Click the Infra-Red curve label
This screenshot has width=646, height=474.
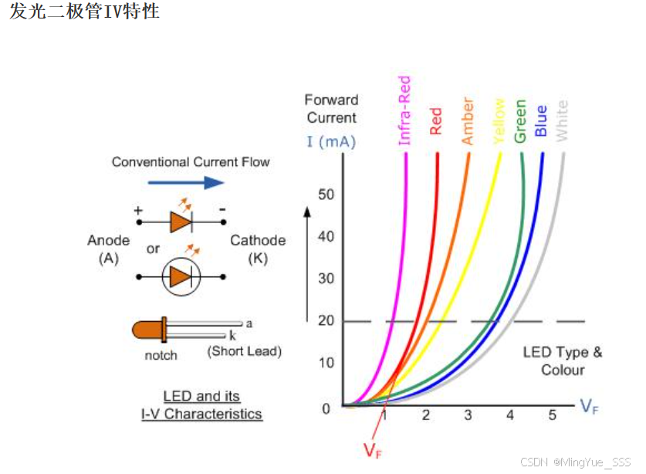(404, 110)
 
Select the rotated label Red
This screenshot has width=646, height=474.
(436, 121)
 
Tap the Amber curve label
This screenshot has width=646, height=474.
(468, 120)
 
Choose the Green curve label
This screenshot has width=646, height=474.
(520, 121)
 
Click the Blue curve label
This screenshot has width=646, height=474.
(540, 121)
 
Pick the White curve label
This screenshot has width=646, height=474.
(561, 120)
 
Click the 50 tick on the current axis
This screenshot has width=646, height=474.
(326, 194)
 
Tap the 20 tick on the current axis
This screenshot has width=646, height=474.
(326, 320)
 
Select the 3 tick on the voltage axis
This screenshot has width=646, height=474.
(468, 415)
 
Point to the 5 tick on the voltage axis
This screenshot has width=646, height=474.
(552, 415)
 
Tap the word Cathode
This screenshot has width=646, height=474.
(258, 240)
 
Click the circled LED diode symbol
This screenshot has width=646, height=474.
(181, 276)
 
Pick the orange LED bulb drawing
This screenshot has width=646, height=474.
(149, 330)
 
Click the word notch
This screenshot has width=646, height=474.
(161, 355)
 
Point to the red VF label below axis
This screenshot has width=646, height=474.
(372, 450)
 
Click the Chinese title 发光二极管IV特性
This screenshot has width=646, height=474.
(84, 12)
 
